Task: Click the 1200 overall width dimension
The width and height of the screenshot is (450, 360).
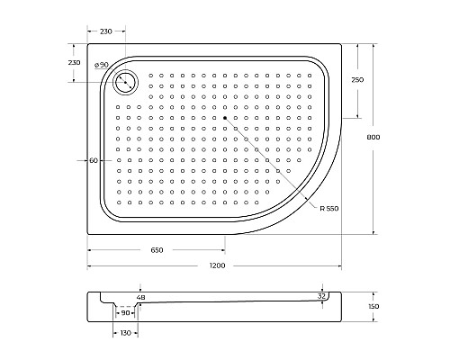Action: [x=217, y=265]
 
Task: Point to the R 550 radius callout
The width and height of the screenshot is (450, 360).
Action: [x=329, y=208]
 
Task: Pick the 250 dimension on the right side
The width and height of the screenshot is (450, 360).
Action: [x=359, y=80]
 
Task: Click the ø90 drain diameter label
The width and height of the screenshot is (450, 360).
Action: [x=101, y=65]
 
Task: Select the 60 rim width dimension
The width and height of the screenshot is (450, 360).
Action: [x=94, y=160]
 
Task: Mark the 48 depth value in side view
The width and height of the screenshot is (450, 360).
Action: [x=139, y=296]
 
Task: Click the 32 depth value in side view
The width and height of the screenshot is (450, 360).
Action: [x=321, y=295]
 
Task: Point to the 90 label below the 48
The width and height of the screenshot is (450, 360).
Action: [x=125, y=313]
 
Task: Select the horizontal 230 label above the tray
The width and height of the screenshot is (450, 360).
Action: [x=105, y=31]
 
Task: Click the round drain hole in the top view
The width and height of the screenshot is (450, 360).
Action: [x=124, y=83]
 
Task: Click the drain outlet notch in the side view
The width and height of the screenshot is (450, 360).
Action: [x=126, y=306]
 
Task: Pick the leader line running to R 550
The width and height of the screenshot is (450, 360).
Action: [x=270, y=162]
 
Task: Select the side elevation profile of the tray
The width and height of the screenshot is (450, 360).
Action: [x=216, y=310]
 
